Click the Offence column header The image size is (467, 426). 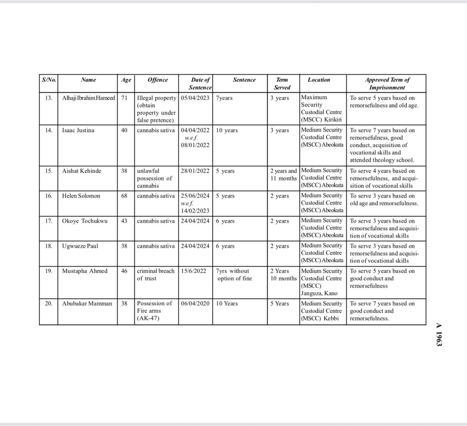158,80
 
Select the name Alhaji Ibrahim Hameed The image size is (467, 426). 88,98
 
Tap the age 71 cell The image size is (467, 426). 124,98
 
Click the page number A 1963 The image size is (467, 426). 439,334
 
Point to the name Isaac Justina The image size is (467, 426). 78,130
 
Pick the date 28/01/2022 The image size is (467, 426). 195,171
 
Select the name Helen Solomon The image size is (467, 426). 81,196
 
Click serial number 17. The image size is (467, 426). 49,221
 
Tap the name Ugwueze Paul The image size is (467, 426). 80,246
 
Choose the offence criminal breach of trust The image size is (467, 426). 156,275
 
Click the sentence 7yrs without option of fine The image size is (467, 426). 234,275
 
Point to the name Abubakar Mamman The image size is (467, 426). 87,304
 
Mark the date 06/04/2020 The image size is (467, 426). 195,304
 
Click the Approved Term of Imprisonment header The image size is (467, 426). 387,84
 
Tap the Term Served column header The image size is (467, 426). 282,84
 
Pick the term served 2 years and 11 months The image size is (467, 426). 283,175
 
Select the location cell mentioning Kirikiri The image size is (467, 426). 321,109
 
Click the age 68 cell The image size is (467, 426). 124,196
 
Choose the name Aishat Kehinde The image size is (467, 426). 82,171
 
